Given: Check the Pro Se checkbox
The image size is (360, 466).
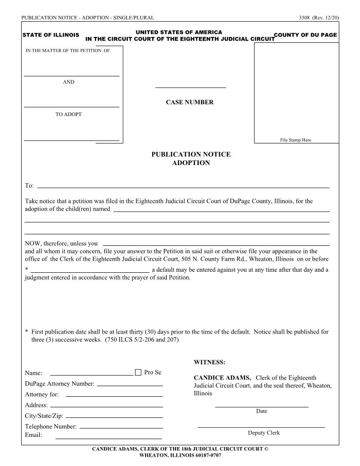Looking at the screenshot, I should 138,372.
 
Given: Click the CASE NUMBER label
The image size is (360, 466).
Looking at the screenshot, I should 189,102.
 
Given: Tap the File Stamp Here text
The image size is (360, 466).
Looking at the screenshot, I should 296,140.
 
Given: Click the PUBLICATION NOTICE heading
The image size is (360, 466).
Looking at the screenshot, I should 191,154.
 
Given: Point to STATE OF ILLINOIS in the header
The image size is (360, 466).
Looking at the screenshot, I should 51,35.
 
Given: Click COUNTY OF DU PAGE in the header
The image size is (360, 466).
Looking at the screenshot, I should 305,35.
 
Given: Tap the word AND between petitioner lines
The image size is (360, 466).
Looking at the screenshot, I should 68,82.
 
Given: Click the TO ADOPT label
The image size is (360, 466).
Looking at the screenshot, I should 68,114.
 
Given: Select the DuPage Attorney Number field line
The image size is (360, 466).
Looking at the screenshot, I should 130,384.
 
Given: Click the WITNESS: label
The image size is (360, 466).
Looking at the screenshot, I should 210,362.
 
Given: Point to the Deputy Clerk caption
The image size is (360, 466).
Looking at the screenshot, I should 264,433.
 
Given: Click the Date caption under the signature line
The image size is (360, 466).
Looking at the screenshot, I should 262,411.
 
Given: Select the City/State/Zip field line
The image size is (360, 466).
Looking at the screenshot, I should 114,417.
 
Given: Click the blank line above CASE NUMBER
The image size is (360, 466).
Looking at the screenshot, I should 191,87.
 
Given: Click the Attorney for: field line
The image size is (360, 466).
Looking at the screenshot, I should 114,395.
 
